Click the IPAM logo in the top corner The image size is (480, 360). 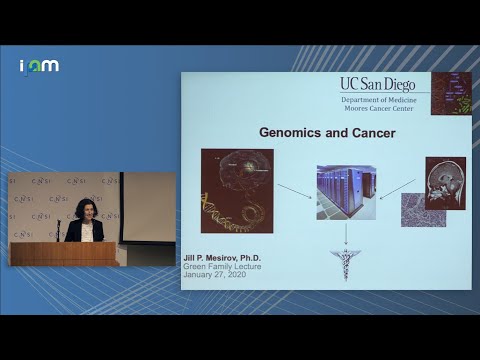click(39, 66)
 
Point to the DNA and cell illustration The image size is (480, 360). click(236, 190)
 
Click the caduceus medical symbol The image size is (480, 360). click(346, 263)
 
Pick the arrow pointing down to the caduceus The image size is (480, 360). click(346, 234)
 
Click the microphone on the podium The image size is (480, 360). click(58, 229)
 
